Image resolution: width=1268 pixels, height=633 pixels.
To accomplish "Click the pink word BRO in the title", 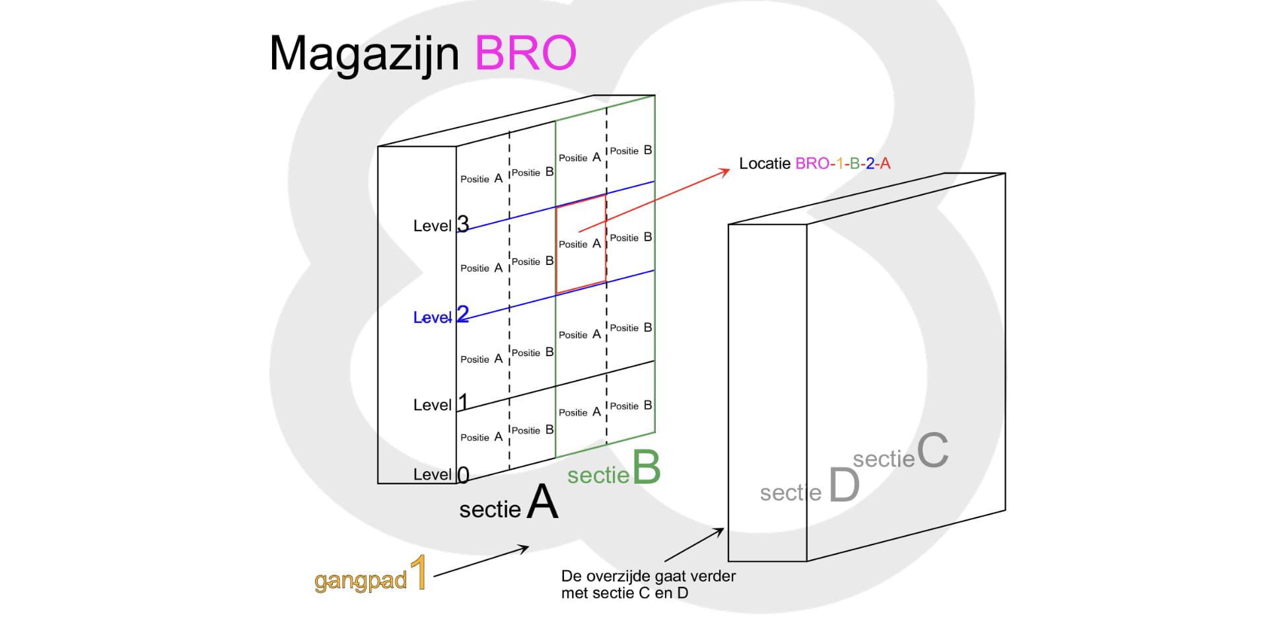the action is pyautogui.click(x=526, y=53).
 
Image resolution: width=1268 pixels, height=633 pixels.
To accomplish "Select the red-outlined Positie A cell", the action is pyautogui.click(x=581, y=244).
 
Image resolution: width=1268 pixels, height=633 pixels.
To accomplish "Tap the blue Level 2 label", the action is pyautogui.click(x=441, y=316).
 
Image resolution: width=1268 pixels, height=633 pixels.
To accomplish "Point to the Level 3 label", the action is pyautogui.click(x=441, y=225).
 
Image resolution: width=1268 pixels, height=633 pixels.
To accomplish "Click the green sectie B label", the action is pyautogui.click(x=614, y=469).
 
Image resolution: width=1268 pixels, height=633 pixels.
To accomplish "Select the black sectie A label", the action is pyautogui.click(x=509, y=502).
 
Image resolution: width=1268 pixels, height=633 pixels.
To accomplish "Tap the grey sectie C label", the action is pyautogui.click(x=900, y=452).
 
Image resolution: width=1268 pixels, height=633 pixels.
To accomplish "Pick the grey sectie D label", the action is pyautogui.click(x=810, y=486).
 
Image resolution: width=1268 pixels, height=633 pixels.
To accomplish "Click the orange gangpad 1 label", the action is pyautogui.click(x=370, y=574).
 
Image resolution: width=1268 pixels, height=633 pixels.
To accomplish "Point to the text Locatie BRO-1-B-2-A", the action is pyautogui.click(x=815, y=163).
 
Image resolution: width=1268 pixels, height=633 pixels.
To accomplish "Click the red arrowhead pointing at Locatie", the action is pyautogui.click(x=725, y=171).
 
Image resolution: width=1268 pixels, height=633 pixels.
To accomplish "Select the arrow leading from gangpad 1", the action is pyautogui.click(x=481, y=561).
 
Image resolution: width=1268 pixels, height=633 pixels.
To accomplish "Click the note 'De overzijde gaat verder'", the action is pyautogui.click(x=648, y=576).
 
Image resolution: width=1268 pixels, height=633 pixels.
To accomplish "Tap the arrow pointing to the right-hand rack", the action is pyautogui.click(x=694, y=544).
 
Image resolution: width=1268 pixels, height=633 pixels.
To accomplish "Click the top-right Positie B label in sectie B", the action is pyautogui.click(x=631, y=151).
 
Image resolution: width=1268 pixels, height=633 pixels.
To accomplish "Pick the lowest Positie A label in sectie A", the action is pyautogui.click(x=481, y=437).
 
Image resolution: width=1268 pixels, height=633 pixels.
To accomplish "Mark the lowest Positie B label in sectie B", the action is pyautogui.click(x=631, y=406).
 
